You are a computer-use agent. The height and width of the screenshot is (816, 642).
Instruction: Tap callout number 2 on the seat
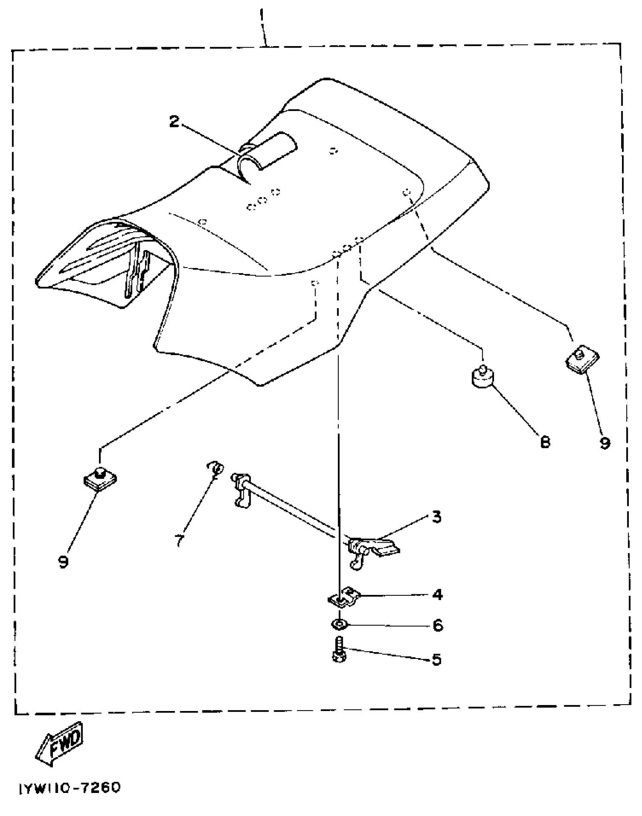[174, 122]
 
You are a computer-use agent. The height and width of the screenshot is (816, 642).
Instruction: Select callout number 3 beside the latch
[437, 517]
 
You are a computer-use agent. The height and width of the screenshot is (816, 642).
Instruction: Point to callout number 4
[437, 595]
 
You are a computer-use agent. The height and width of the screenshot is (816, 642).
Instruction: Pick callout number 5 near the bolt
[437, 659]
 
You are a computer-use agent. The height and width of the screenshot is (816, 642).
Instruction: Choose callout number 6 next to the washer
[437, 626]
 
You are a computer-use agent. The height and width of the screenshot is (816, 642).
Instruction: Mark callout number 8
[545, 442]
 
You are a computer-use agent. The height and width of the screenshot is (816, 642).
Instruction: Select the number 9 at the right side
[605, 443]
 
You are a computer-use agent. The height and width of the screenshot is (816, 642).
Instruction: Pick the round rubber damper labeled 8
[482, 377]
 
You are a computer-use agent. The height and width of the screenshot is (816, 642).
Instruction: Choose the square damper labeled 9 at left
[100, 479]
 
